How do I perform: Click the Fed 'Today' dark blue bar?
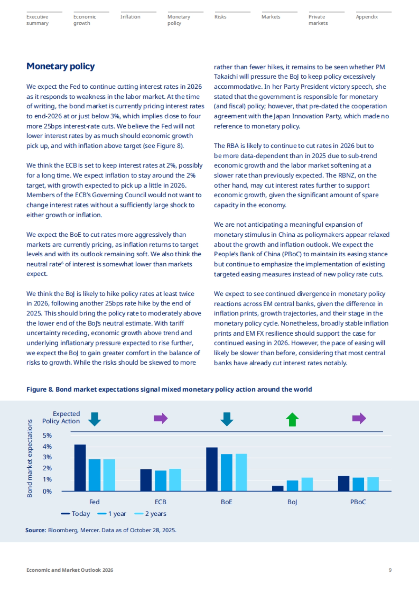pyautogui.click(x=80, y=468)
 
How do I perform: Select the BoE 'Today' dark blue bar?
pyautogui.click(x=212, y=469)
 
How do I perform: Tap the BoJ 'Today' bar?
pyautogui.click(x=278, y=488)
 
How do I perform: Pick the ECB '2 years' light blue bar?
pyautogui.click(x=175, y=480)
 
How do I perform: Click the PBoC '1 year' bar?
pyautogui.click(x=358, y=484)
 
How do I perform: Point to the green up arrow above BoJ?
pyautogui.click(x=292, y=419)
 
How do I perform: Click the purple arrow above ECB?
pyautogui.click(x=161, y=418)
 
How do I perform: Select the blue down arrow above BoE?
pyautogui.click(x=227, y=419)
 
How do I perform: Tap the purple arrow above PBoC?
pyautogui.click(x=359, y=418)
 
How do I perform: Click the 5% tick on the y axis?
pyautogui.click(x=47, y=435)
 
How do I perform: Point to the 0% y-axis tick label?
pyautogui.click(x=47, y=491)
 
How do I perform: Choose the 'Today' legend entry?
pyautogui.click(x=75, y=514)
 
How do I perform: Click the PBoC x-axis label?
pyautogui.click(x=358, y=502)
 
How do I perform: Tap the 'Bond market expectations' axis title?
pyautogui.click(x=30, y=458)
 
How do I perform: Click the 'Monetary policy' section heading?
pyautogui.click(x=60, y=66)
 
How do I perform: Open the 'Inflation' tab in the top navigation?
pyautogui.click(x=130, y=17)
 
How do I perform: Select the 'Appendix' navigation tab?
pyautogui.click(x=367, y=17)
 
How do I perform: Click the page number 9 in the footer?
pyautogui.click(x=390, y=570)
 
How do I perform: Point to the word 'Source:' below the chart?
pyautogui.click(x=36, y=530)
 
